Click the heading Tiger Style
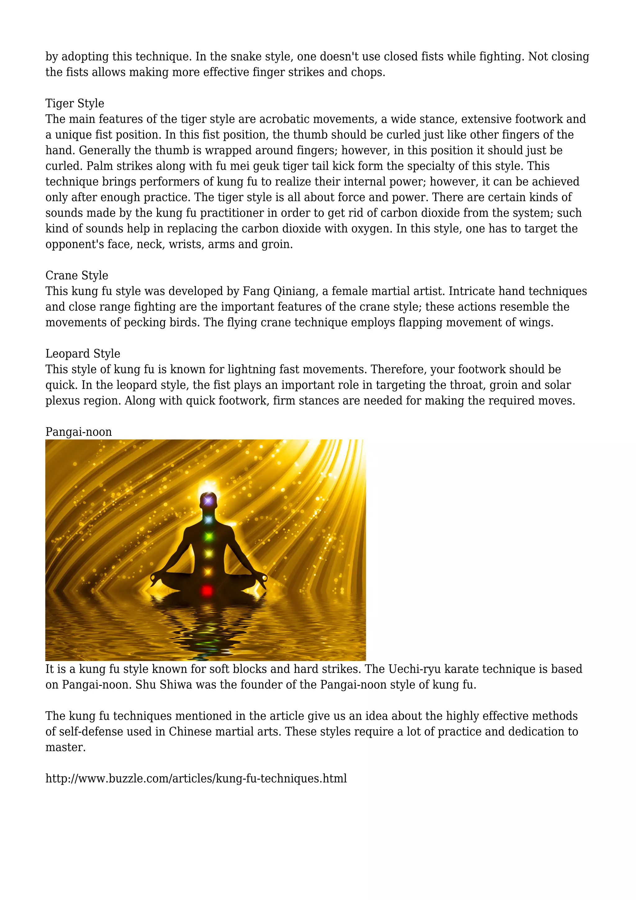click(75, 103)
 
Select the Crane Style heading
click(77, 276)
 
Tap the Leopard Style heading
click(83, 354)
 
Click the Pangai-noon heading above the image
click(79, 432)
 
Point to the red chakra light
click(207, 590)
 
